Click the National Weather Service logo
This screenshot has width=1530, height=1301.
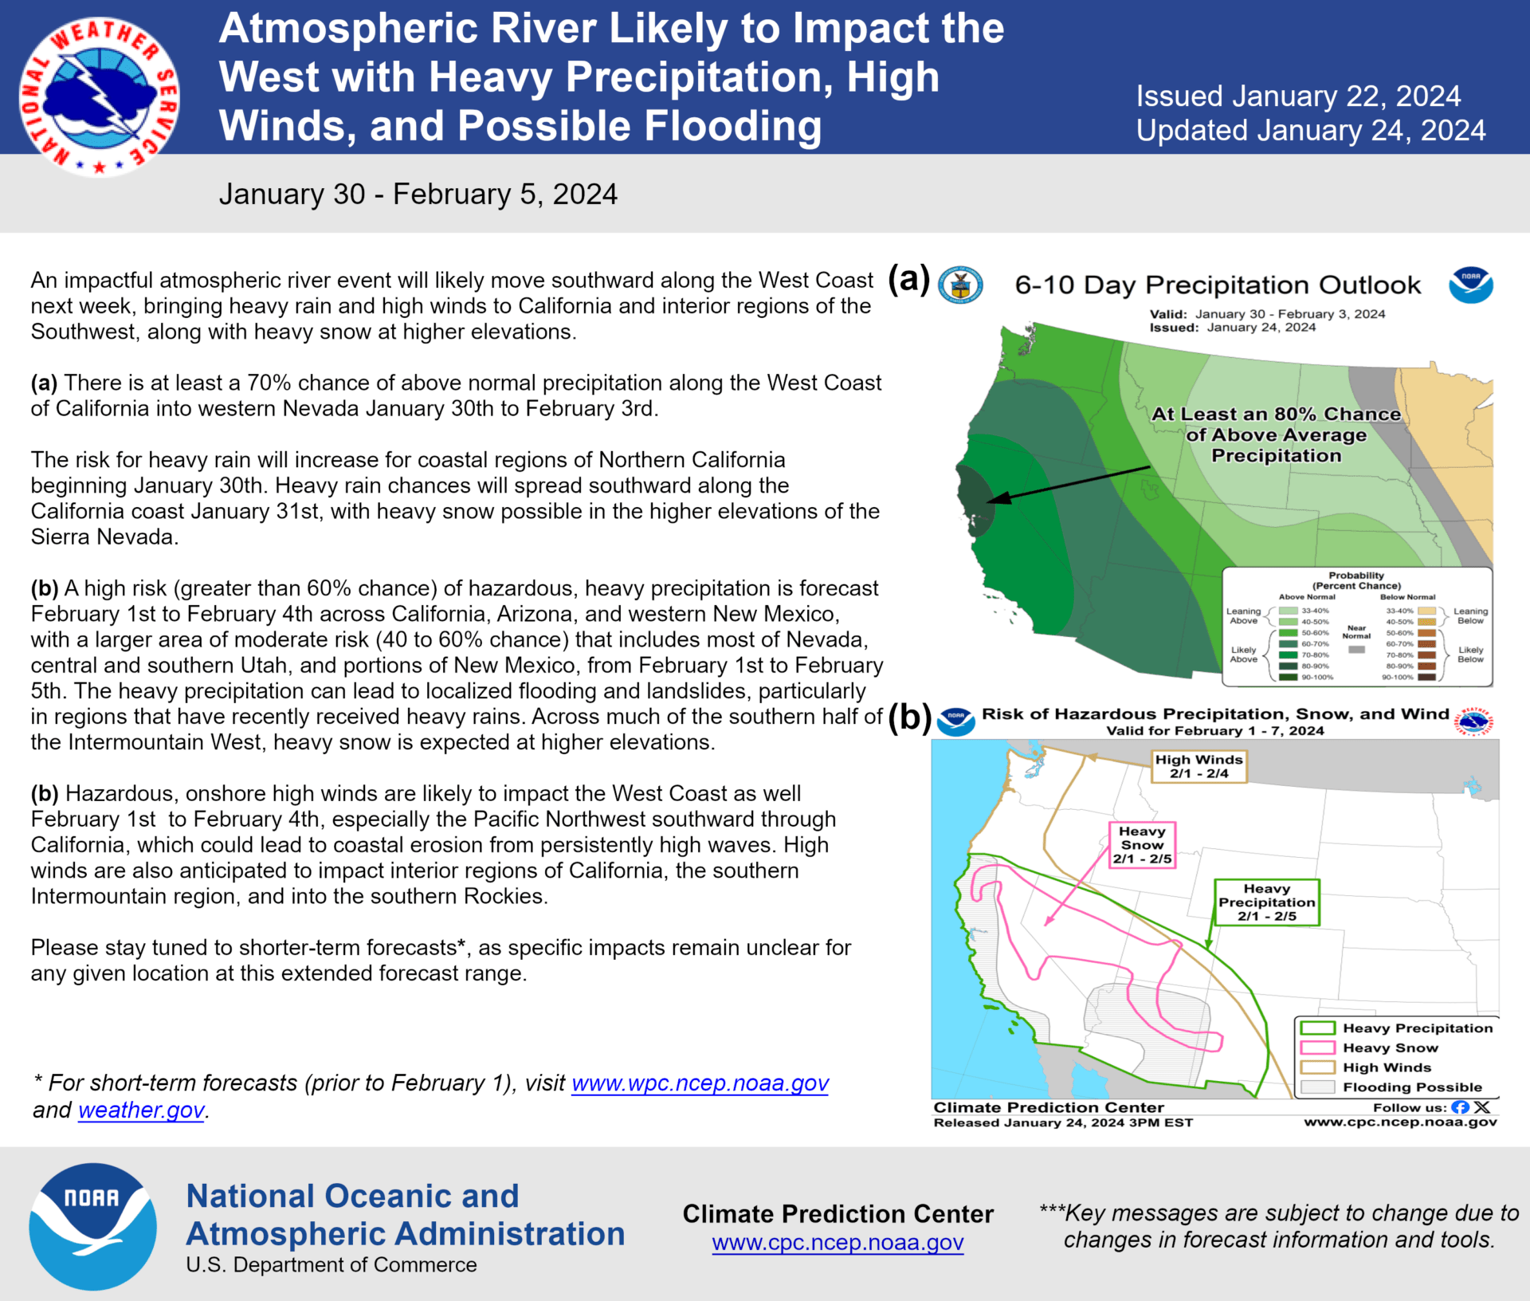(99, 96)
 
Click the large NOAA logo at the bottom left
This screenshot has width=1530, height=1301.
(92, 1226)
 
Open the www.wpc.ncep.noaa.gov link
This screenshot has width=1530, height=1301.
(700, 1083)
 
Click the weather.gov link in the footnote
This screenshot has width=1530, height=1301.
(141, 1110)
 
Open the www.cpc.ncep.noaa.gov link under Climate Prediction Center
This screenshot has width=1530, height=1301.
(838, 1242)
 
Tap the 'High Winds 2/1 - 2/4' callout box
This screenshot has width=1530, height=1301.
(1198, 767)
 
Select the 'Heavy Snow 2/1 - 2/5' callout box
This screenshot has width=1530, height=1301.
(1142, 845)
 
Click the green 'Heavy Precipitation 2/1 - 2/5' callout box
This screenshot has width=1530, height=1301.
(1266, 902)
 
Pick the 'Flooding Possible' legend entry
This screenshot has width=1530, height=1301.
(1412, 1087)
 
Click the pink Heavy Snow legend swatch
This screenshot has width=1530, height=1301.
(1317, 1047)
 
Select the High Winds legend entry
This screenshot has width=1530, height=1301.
(1387, 1067)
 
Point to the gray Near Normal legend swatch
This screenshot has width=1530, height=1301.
(1356, 650)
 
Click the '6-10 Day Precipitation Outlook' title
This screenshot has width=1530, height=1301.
(1217, 285)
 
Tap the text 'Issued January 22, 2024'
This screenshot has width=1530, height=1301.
(1298, 96)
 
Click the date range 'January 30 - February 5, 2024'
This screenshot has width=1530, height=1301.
(418, 195)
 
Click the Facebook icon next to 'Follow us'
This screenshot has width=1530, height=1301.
(1460, 1107)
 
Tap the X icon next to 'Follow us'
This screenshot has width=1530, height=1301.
(1481, 1107)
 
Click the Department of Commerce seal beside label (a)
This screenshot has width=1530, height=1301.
(960, 285)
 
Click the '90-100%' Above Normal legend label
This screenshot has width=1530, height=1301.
(1316, 677)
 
